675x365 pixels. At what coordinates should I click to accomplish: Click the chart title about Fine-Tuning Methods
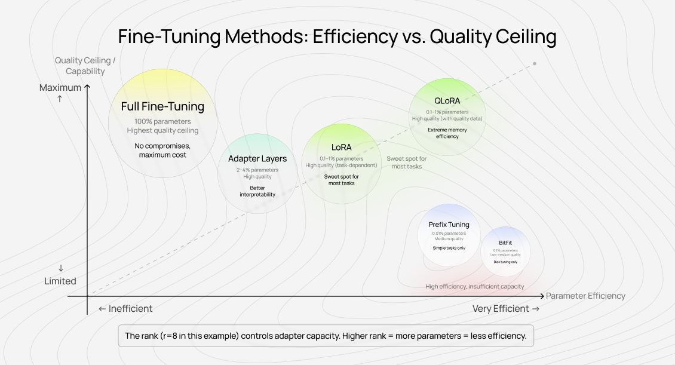[x=337, y=37]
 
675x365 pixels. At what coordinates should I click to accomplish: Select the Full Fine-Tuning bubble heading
[x=162, y=107]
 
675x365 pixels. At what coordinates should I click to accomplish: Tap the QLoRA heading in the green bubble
[x=447, y=100]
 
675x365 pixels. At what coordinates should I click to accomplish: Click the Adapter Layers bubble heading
[x=257, y=159]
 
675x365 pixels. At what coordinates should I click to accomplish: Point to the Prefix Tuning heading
[x=449, y=225]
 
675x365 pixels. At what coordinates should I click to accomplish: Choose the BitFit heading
[x=505, y=243]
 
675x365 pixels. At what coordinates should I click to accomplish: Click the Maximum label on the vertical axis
[x=60, y=88]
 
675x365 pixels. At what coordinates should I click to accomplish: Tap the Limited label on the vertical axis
[x=60, y=281]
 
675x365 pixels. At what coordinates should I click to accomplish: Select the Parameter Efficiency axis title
[x=585, y=296]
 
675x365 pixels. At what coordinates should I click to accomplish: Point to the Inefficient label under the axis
[x=125, y=309]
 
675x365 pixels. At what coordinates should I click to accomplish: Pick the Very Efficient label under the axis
[x=505, y=309]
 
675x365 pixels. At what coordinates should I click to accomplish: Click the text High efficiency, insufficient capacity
[x=474, y=287]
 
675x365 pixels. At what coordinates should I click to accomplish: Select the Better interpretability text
[x=257, y=191]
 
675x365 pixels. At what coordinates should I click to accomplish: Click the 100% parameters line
[x=162, y=122]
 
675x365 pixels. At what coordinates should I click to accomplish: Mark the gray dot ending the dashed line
[x=535, y=63]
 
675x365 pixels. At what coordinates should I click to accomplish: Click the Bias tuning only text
[x=505, y=262]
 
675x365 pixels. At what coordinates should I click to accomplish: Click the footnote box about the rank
[x=326, y=336]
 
